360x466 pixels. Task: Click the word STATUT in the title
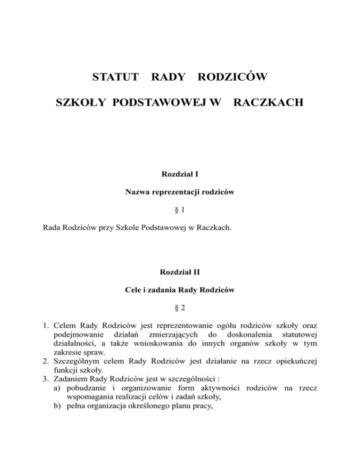coord(114,76)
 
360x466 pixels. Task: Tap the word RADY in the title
coord(167,76)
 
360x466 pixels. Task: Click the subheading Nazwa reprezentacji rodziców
coord(180,193)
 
